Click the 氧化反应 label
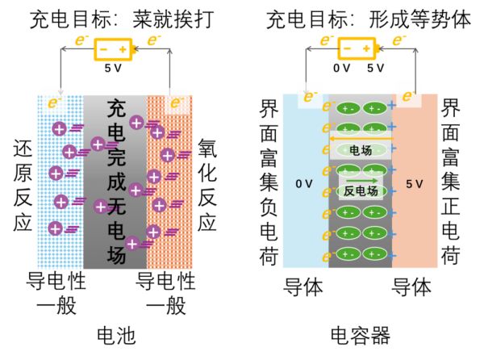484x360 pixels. (x=207, y=185)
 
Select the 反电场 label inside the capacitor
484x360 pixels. (x=361, y=190)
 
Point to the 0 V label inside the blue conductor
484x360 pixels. (x=303, y=185)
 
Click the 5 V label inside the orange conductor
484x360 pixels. (x=415, y=185)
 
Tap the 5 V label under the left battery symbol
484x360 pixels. (x=114, y=69)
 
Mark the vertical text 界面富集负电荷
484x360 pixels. (x=269, y=182)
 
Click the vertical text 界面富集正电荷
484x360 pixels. (x=453, y=182)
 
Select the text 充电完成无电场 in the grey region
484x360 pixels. (x=116, y=182)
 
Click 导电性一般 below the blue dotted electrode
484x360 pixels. (x=57, y=293)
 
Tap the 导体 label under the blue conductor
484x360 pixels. (x=303, y=287)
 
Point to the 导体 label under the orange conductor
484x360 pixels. (x=411, y=287)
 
